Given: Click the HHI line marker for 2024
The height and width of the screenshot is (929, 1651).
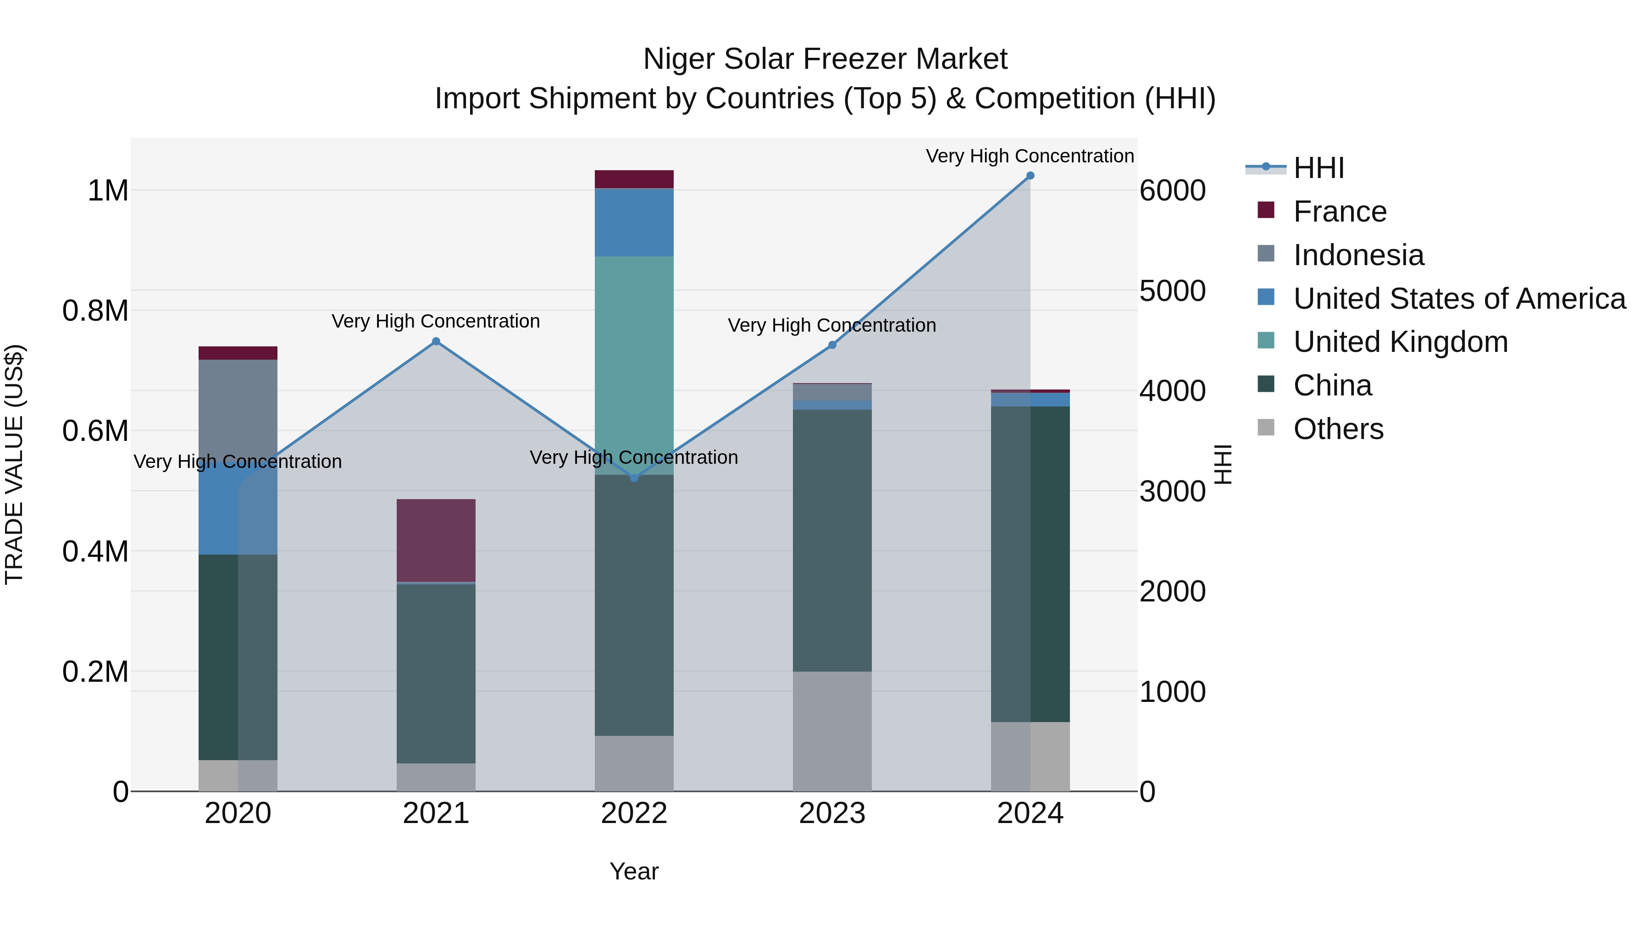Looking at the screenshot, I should [x=1030, y=176].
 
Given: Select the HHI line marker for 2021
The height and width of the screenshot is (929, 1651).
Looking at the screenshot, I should [x=436, y=342].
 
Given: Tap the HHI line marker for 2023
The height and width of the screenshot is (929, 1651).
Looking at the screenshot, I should [x=832, y=345].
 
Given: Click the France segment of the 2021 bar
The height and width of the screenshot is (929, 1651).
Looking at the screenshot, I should [x=436, y=540].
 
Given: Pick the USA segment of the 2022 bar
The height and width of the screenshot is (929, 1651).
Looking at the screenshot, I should [x=634, y=223].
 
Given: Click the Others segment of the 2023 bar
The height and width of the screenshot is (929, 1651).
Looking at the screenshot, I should [x=832, y=731].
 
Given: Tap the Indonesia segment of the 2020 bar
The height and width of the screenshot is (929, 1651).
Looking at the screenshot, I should [x=238, y=410].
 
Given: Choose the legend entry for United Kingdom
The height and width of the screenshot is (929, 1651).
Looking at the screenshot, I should [x=1401, y=342].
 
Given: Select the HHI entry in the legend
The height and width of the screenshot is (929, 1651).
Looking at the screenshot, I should [x=1319, y=168].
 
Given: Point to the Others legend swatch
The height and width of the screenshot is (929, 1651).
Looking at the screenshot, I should [x=1266, y=428].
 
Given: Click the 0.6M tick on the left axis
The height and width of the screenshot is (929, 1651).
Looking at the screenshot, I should [x=95, y=431].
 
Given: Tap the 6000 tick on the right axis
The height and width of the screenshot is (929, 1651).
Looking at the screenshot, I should [x=1172, y=190].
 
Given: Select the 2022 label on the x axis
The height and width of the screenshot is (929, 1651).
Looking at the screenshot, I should [x=634, y=813].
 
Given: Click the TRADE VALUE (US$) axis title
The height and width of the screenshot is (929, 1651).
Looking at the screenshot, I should [x=14, y=464].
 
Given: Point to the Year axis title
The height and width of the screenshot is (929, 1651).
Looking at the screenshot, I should [x=634, y=871].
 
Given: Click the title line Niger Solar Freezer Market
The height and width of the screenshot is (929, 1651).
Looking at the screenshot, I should [x=825, y=59].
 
